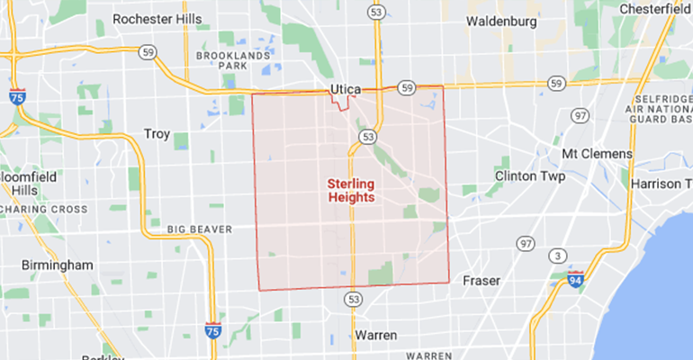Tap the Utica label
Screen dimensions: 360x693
pos(345,91)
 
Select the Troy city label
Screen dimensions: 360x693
pos(157,134)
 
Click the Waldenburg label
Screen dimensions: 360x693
pos(502,20)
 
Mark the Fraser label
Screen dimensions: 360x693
pos(481,280)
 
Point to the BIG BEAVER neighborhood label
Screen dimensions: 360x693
pos(200,229)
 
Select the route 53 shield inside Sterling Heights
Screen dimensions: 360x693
pos(366,137)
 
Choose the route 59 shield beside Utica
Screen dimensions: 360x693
pos(407,87)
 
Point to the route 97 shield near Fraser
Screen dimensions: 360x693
pos(525,244)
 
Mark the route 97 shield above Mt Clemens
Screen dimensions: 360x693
pos(580,115)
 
